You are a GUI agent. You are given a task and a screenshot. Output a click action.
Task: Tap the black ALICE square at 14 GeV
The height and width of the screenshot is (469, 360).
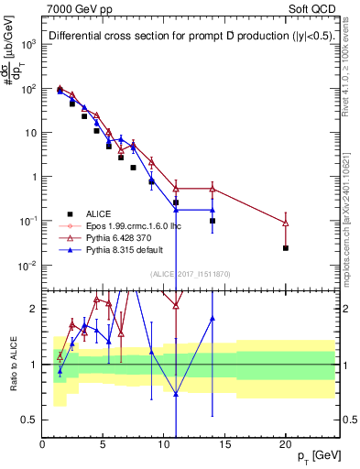(213, 221)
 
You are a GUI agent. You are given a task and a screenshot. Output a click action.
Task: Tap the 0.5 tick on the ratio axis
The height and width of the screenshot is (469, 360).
(30, 420)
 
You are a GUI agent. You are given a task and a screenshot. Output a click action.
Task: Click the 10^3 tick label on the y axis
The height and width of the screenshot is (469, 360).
(28, 44)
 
